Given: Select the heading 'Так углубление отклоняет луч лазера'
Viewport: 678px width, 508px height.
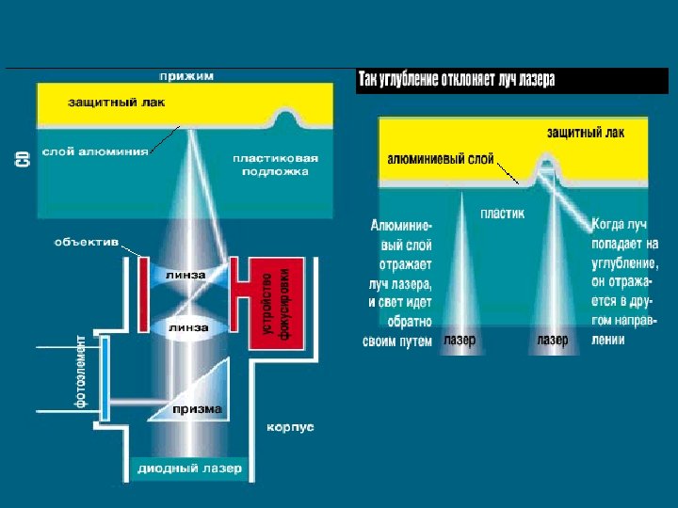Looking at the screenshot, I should [456, 80].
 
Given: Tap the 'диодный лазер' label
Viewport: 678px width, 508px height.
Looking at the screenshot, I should [189, 468].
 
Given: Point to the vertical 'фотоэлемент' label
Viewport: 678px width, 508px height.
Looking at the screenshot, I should [81, 371].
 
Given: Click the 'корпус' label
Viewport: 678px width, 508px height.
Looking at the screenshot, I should [291, 427].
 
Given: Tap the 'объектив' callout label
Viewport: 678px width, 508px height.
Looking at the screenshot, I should [87, 242].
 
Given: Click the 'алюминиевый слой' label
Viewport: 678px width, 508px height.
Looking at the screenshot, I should [441, 160].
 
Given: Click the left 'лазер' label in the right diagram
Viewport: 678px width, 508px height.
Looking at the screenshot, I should [460, 340].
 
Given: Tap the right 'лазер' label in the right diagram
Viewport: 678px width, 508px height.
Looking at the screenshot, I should [553, 340].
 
